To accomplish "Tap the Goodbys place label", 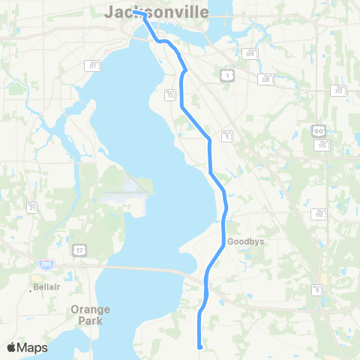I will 244,242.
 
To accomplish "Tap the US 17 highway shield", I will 79,248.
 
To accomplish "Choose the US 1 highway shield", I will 226,74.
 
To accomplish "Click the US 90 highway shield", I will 318,131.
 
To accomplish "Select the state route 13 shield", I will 171,94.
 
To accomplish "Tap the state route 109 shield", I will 250,53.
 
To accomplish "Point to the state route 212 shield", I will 339,91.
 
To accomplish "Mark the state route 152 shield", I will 319,214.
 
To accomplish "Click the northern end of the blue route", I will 134,12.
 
